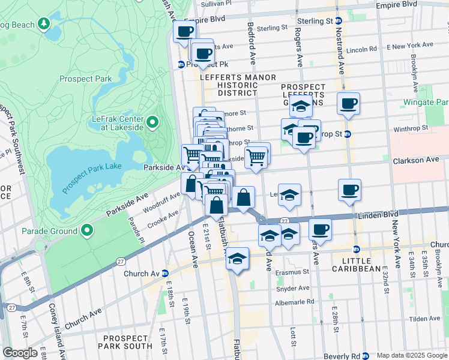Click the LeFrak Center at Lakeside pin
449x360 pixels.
(152, 123)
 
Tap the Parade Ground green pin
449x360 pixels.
(87, 230)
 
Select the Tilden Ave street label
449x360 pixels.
(428, 319)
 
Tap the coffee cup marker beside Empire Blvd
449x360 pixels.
(184, 32)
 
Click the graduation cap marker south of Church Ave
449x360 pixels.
(238, 259)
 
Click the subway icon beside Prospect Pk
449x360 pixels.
(181, 64)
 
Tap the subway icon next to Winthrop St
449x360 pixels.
(347, 133)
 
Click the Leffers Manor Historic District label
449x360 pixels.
(238, 85)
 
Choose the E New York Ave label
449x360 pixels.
(410, 46)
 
